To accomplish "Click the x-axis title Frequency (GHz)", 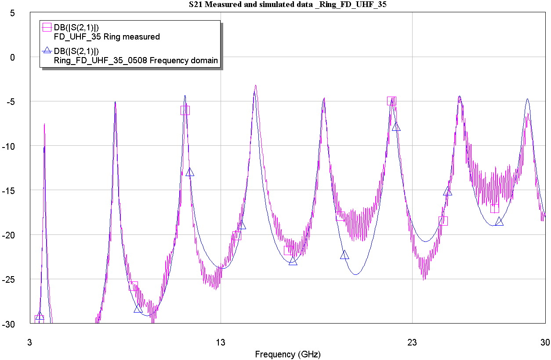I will click(288, 354).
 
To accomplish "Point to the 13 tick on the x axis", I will click(221, 342).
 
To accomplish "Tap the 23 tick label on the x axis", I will click(412, 342).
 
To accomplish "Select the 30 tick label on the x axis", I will click(545, 342).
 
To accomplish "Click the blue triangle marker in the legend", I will click(47, 51).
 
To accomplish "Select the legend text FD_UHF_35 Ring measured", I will click(107, 37).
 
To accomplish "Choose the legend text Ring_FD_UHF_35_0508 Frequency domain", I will click(136, 61).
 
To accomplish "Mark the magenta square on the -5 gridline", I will click(391, 101).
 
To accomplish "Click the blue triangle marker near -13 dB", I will click(190, 172).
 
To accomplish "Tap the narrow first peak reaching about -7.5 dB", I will click(44, 125).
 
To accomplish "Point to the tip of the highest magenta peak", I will click(255, 86).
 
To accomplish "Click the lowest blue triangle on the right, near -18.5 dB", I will click(499, 221).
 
